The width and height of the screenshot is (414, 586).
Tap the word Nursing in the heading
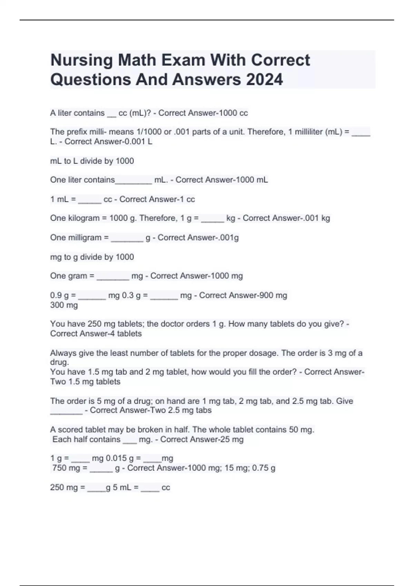(x=81, y=60)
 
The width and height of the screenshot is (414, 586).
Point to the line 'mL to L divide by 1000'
(x=92, y=161)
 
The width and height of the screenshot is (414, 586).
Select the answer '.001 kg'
(x=316, y=218)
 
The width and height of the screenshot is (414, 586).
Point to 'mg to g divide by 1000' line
(x=92, y=257)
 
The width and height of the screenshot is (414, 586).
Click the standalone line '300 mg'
(x=64, y=305)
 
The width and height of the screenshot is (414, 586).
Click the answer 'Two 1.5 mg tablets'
(x=85, y=382)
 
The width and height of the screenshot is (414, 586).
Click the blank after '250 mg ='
(x=96, y=488)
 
